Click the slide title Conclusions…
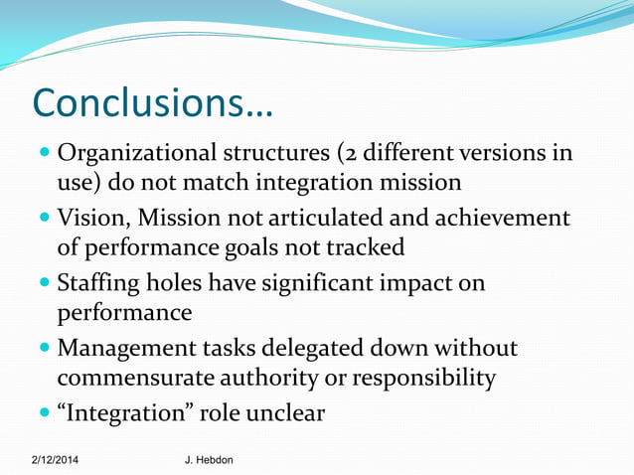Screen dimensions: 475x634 coord(153,102)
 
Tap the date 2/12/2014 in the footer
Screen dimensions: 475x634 coord(56,461)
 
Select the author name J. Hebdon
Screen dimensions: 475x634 coord(209,461)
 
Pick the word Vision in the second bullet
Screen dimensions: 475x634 coord(93,218)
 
